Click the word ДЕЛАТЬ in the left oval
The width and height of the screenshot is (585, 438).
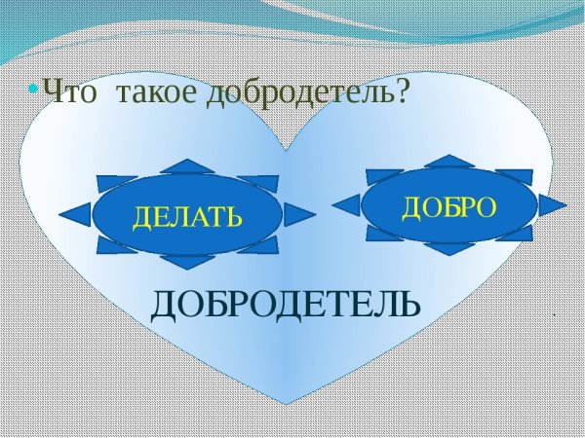pos(186,215)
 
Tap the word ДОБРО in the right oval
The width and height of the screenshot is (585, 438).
pos(449,205)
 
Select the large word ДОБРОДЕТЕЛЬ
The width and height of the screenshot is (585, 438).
pos(286,305)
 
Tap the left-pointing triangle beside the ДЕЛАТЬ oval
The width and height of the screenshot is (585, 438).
pos(76,214)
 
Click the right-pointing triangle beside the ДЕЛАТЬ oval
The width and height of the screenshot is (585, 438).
pos(299,214)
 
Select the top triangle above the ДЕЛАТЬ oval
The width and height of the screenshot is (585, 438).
pos(186,166)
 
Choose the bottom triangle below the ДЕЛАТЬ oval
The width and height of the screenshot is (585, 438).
pos(186,262)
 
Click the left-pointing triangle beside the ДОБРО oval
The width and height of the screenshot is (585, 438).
pos(346,204)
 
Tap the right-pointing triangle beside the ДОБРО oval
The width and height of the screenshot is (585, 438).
pos(552,204)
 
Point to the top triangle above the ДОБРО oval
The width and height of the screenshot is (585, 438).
pos(449,161)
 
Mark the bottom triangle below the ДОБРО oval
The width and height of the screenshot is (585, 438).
pos(449,248)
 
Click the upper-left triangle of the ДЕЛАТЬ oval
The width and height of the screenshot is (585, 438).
pos(117,182)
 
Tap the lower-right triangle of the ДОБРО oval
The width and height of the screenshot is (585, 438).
pos(514,234)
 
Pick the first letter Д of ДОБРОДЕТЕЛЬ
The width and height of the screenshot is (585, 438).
pos(164,305)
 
